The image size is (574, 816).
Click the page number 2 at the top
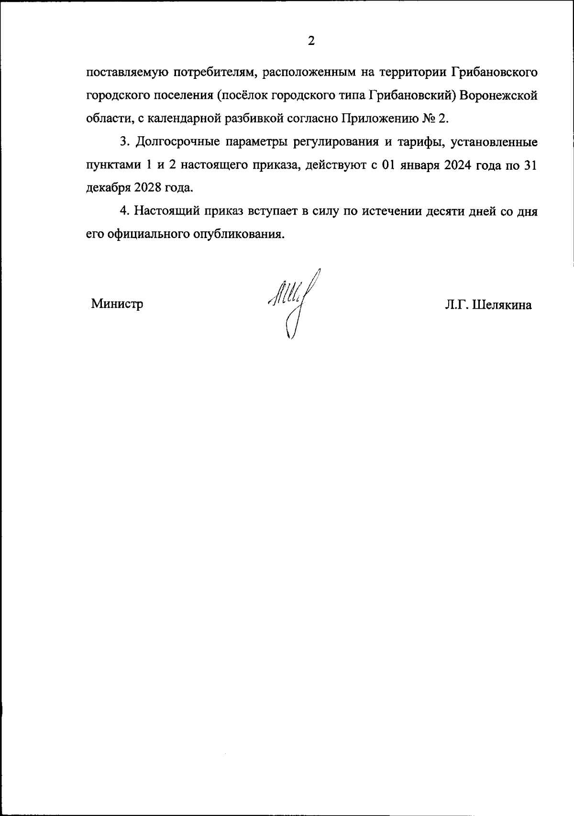(x=311, y=41)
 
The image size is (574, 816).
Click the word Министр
(x=117, y=304)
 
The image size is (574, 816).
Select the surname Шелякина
(x=502, y=305)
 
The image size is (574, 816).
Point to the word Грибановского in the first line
(x=494, y=72)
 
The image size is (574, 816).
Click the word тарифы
(x=419, y=142)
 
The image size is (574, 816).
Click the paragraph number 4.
(x=123, y=211)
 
